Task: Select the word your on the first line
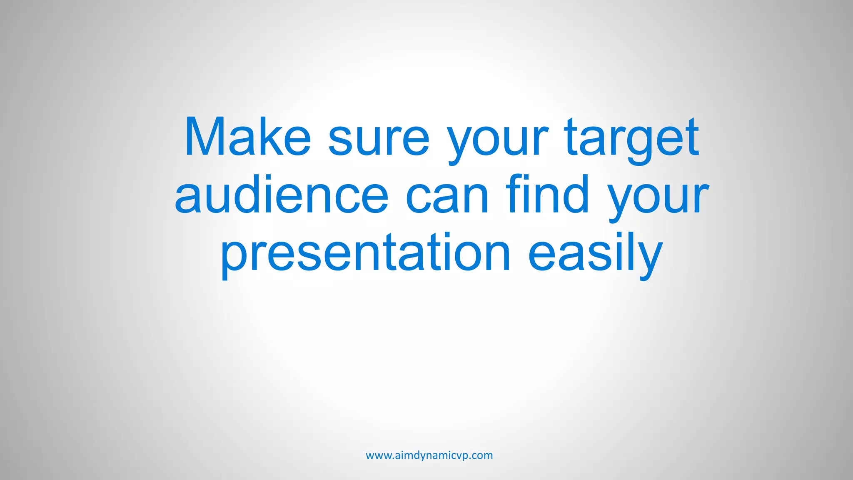pyautogui.click(x=497, y=140)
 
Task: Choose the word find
pyautogui.click(x=548, y=194)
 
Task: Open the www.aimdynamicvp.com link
pyautogui.click(x=429, y=455)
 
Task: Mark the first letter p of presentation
pyautogui.click(x=233, y=256)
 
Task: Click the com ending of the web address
pyautogui.click(x=483, y=455)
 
